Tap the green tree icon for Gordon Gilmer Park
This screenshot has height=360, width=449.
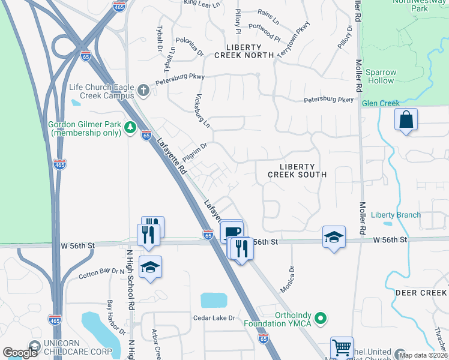pyautogui.click(x=129, y=127)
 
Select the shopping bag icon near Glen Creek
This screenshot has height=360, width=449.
pyautogui.click(x=406, y=119)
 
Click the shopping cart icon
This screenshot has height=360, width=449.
pyautogui.click(x=342, y=347)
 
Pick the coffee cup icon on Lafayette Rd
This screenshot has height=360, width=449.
pyautogui.click(x=232, y=230)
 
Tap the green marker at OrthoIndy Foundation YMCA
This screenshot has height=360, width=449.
pyautogui.click(x=321, y=319)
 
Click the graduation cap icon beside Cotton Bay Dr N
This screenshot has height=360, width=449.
pyautogui.click(x=150, y=268)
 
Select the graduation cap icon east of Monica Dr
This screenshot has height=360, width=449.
pyautogui.click(x=334, y=237)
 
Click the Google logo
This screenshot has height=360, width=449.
pyautogui.click(x=20, y=353)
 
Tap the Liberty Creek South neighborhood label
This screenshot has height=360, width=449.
pyautogui.click(x=297, y=170)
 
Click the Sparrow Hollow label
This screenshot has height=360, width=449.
pyautogui.click(x=381, y=76)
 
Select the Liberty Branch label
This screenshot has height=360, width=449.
pyautogui.click(x=396, y=215)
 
